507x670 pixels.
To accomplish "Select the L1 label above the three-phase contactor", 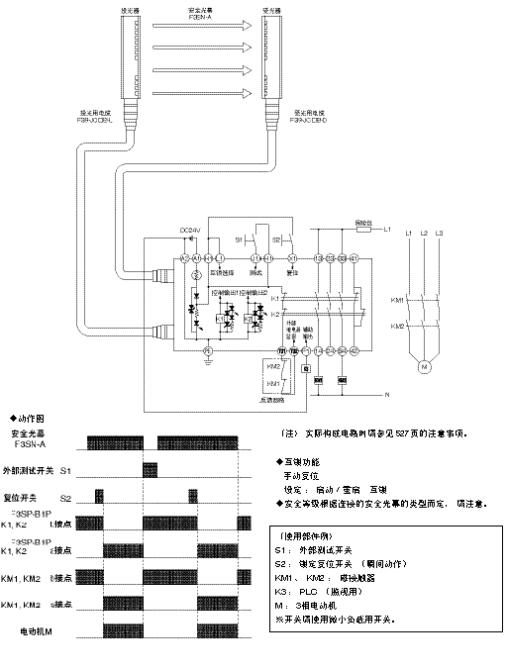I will tap(409, 232).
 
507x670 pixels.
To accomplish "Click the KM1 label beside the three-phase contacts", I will tap(396, 299).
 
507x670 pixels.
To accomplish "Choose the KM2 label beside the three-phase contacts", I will tap(396, 326).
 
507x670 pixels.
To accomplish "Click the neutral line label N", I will tap(385, 396).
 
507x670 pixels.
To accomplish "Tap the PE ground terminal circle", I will tap(207, 351).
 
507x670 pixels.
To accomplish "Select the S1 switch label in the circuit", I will tap(239, 240).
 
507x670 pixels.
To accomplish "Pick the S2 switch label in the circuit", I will tap(278, 240).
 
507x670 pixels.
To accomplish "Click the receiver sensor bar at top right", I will tap(269, 54).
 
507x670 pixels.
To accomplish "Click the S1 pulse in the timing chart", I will tap(151, 468).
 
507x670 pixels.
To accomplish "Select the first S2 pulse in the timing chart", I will tap(99, 495).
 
